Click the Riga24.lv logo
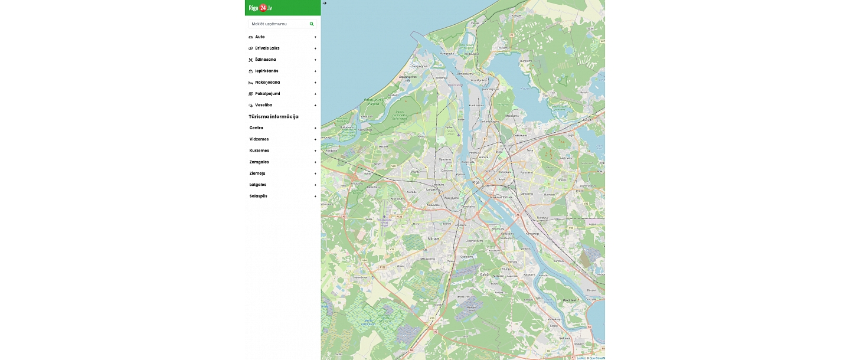point(260,8)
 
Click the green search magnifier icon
point(312,24)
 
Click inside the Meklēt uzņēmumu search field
point(277,24)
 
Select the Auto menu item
point(260,37)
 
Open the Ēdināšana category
point(265,60)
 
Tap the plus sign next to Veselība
point(315,106)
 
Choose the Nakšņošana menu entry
point(267,83)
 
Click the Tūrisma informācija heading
point(273,117)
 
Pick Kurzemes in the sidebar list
point(259,150)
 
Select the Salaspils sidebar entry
point(258,196)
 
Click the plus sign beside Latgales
point(315,185)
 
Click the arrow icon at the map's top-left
point(325,3)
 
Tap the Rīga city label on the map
point(476,182)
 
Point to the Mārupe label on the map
point(433,238)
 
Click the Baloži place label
point(485,274)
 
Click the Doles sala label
point(568,300)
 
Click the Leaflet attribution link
point(580,358)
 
